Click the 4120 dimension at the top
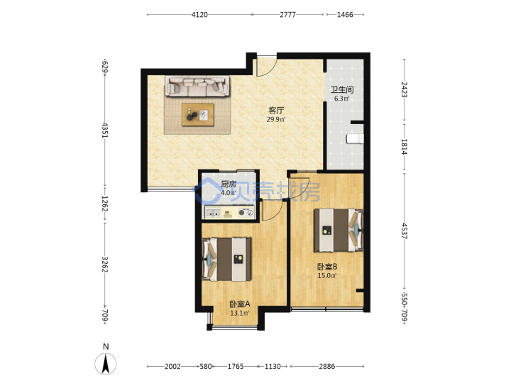pyautogui.click(x=199, y=15)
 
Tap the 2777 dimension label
pyautogui.click(x=287, y=15)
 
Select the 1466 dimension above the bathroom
pyautogui.click(x=345, y=15)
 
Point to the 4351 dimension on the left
pyautogui.click(x=104, y=131)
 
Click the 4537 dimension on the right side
pyautogui.click(x=404, y=231)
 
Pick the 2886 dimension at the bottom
pyautogui.click(x=327, y=367)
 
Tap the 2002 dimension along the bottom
pyautogui.click(x=172, y=367)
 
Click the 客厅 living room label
pyautogui.click(x=276, y=111)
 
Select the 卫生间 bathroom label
pyautogui.click(x=342, y=89)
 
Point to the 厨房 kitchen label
pyautogui.click(x=229, y=184)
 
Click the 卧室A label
pyautogui.click(x=240, y=304)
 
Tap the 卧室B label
pyautogui.click(x=327, y=267)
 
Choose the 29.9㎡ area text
pyautogui.click(x=276, y=120)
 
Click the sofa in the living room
pyautogui.click(x=197, y=86)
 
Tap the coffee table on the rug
pyautogui.click(x=198, y=114)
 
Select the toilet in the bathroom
pyautogui.click(x=355, y=139)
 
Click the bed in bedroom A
pyautogui.click(x=227, y=260)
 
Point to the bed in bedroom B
pyautogui.click(x=339, y=231)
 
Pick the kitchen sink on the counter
pyautogui.click(x=212, y=213)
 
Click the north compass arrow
pyautogui.click(x=105, y=363)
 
